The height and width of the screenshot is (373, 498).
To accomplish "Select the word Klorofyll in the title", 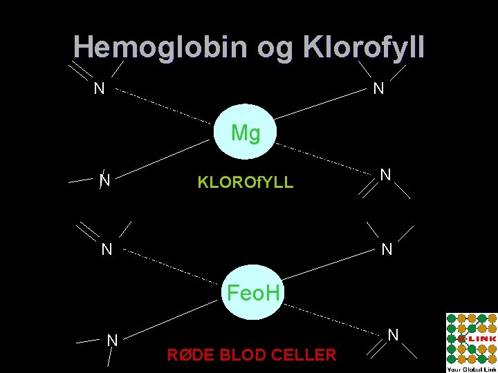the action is (364, 47).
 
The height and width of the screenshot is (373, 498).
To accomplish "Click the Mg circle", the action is (246, 133).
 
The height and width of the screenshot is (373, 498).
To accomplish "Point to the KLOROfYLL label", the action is (246, 183).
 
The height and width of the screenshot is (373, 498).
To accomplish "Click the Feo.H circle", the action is (254, 293).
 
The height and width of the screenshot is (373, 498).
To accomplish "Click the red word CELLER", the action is (306, 355).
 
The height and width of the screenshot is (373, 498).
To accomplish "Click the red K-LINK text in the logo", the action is (479, 339).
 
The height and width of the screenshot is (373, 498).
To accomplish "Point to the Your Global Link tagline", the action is (471, 368).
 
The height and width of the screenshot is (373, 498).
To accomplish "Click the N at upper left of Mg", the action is (100, 88).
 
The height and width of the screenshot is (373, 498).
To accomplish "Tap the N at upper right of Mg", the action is (378, 88).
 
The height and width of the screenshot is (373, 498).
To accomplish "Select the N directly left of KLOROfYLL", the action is (105, 181).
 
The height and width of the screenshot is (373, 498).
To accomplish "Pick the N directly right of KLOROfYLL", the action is (386, 175).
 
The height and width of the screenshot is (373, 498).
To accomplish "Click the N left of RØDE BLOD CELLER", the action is (111, 340).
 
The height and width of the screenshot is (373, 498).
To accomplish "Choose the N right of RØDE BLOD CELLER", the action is (393, 335).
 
